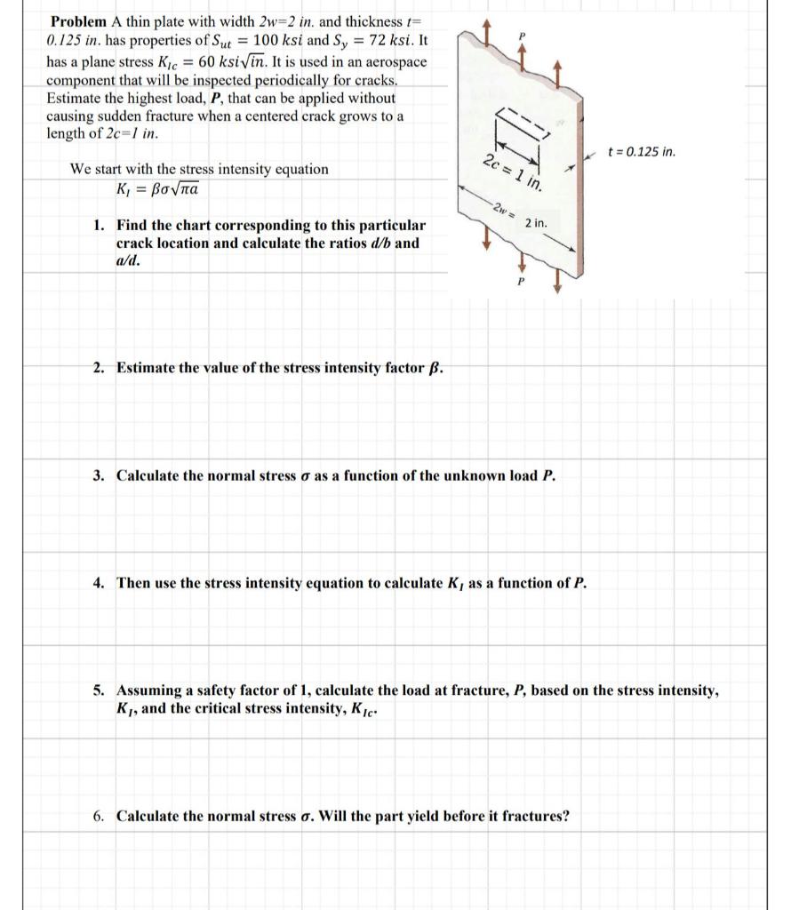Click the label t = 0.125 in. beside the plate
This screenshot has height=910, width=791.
click(x=640, y=152)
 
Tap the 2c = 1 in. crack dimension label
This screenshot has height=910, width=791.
click(x=513, y=172)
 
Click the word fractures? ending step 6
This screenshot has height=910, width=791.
click(x=531, y=816)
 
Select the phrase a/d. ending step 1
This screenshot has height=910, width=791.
click(x=128, y=260)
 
